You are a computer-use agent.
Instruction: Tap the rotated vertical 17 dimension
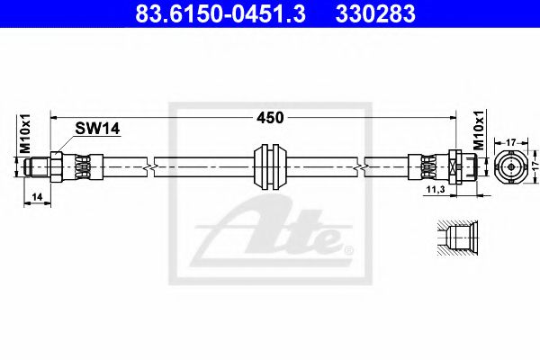(533, 166)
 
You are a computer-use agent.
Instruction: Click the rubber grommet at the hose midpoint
(270, 166)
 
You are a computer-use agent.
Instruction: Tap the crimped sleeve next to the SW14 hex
(79, 166)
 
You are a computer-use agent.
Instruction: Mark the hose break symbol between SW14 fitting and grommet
(154, 166)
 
